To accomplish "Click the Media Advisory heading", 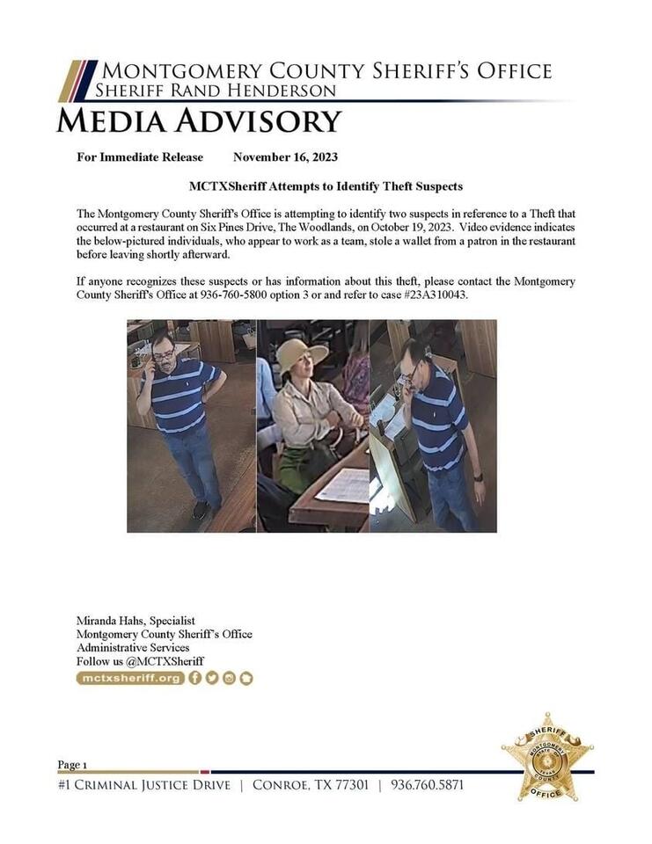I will (x=199, y=120).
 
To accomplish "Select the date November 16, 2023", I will (x=285, y=157).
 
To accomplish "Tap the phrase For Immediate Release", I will (x=140, y=157).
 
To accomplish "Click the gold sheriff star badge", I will (x=547, y=756).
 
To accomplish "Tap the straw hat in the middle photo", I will (x=301, y=354).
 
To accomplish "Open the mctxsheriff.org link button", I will (x=130, y=678).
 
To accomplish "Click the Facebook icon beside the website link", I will (x=195, y=678).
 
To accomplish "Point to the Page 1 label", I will (x=72, y=764).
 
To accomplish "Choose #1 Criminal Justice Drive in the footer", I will (x=144, y=784).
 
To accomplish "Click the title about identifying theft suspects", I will (x=326, y=186).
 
